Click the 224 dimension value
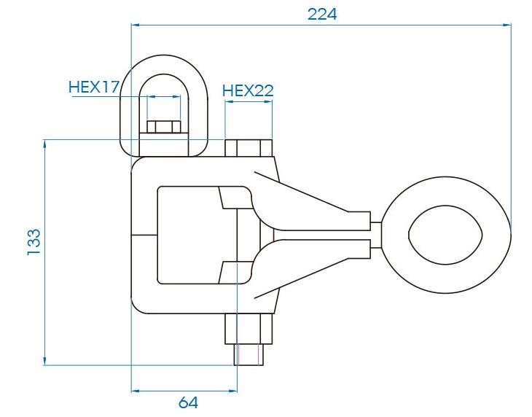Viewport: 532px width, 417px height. [322, 15]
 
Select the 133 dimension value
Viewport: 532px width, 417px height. [34, 242]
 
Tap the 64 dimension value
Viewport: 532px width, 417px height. [188, 402]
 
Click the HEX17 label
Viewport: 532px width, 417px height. [94, 87]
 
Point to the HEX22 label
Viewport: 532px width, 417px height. [248, 90]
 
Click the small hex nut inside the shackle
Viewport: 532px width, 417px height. [163, 127]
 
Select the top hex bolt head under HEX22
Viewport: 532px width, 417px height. [249, 148]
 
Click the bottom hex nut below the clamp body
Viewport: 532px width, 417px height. [249, 329]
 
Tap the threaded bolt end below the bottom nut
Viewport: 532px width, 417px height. [249, 355]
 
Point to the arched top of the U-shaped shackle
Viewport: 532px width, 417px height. [164, 64]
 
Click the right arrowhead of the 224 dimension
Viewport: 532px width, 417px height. [507, 25]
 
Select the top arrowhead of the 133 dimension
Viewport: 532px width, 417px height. [44, 144]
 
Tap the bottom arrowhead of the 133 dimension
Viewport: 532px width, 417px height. [44, 361]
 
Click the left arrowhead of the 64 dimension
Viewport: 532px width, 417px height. [136, 391]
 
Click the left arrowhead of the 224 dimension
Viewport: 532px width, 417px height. [136, 25]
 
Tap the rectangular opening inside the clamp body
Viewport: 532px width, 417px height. [190, 235]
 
